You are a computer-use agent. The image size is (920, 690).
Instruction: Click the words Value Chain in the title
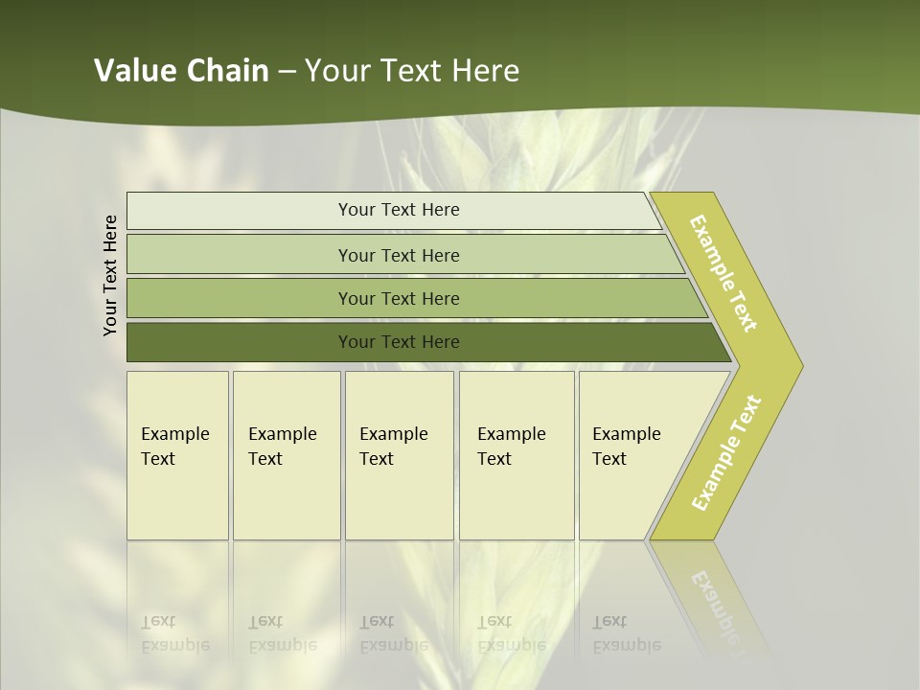(x=181, y=71)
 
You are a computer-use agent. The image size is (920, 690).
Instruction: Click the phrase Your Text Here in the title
(x=412, y=71)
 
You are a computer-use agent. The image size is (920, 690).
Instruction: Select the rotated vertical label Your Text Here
(x=110, y=275)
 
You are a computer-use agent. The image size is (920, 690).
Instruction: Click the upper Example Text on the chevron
(x=724, y=273)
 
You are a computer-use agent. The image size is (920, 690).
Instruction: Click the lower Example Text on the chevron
(x=726, y=452)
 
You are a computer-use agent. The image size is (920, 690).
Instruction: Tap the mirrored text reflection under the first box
(x=175, y=633)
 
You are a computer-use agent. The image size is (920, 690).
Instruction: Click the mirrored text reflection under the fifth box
(x=627, y=633)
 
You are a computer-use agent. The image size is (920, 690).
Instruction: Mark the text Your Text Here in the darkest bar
(x=399, y=342)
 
